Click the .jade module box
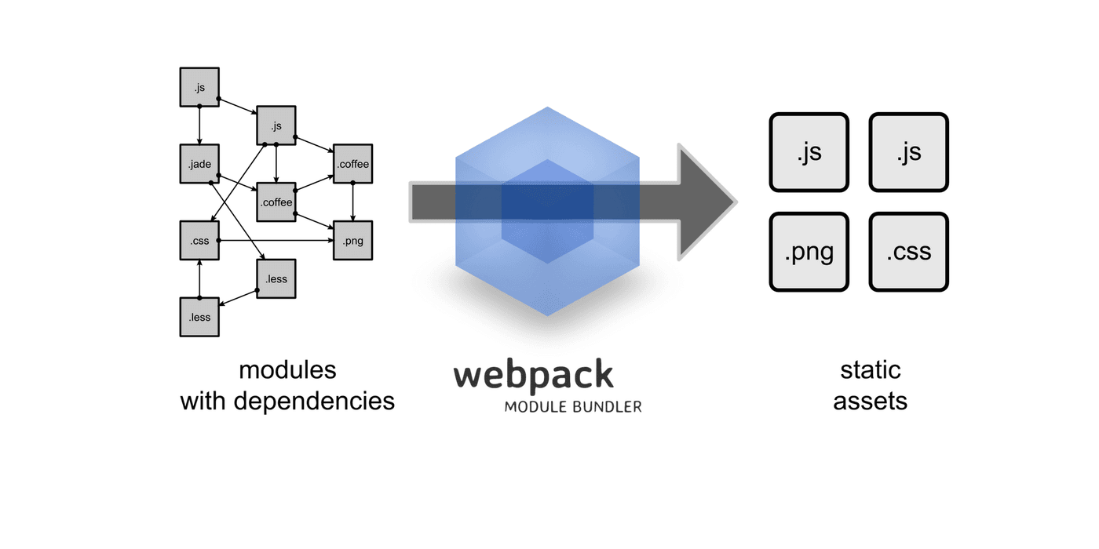pyautogui.click(x=199, y=164)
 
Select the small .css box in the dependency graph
pyautogui.click(x=199, y=241)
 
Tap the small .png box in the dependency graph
pyautogui.click(x=352, y=241)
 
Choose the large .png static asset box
pyautogui.click(x=809, y=252)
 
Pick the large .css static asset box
pyautogui.click(x=909, y=252)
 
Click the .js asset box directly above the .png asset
pyautogui.click(x=809, y=152)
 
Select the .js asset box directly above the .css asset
pyautogui.click(x=909, y=152)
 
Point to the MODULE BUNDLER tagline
pyautogui.click(x=572, y=407)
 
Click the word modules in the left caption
pyautogui.click(x=287, y=369)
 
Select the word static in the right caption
pyautogui.click(x=870, y=369)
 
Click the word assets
pyautogui.click(x=870, y=401)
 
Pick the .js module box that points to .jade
pyautogui.click(x=199, y=87)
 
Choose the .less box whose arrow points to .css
pyautogui.click(x=199, y=317)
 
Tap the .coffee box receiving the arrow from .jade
pyautogui.click(x=276, y=202)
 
